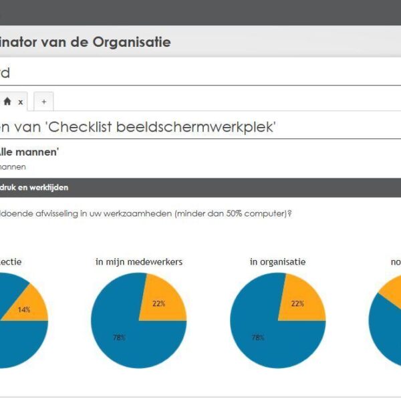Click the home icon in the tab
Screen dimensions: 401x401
coord(7,102)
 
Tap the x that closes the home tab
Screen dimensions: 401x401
coord(20,102)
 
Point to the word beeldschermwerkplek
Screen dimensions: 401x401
coord(196,127)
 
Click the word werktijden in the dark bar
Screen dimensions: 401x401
coord(49,188)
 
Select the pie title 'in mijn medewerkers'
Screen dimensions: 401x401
coord(139,261)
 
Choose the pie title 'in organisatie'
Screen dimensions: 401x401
coord(277,261)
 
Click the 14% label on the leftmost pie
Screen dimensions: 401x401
coord(24,309)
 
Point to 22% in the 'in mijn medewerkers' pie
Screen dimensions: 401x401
coord(159,303)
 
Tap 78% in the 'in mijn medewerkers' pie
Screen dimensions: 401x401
coord(119,338)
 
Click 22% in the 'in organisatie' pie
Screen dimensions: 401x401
coord(297,303)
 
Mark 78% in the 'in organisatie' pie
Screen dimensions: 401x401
coord(258,338)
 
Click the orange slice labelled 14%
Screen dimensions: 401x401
coord(33,301)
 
